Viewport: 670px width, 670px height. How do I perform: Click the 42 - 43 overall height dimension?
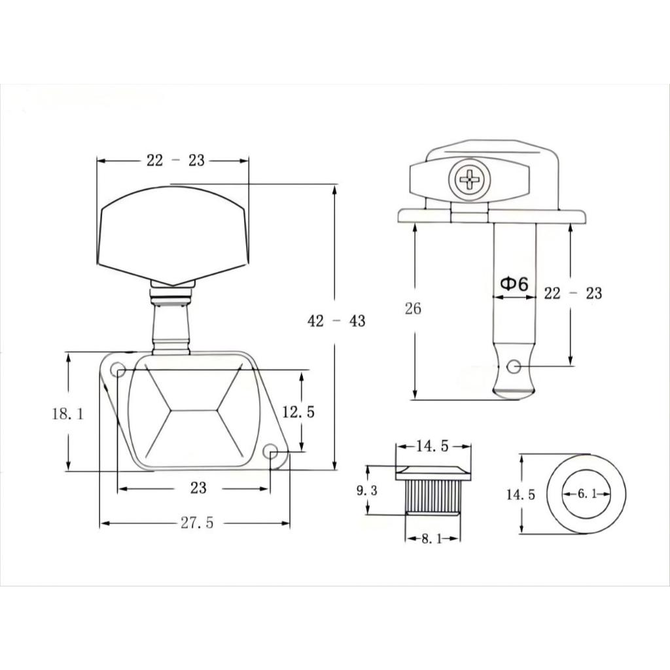pos(336,321)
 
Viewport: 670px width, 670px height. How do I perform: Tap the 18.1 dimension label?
pos(68,414)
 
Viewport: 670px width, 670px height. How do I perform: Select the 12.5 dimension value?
pos(298,412)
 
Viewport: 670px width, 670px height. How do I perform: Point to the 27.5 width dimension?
pos(196,523)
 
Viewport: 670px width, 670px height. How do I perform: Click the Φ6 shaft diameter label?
pos(514,284)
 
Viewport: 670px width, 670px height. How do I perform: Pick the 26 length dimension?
pos(413,308)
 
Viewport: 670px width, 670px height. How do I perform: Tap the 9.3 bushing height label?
pos(367,491)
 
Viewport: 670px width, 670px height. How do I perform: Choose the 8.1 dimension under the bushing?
pos(432,539)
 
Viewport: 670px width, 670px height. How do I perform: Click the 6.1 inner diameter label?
pos(587,494)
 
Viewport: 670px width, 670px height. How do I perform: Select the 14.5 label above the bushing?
pos(432,446)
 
